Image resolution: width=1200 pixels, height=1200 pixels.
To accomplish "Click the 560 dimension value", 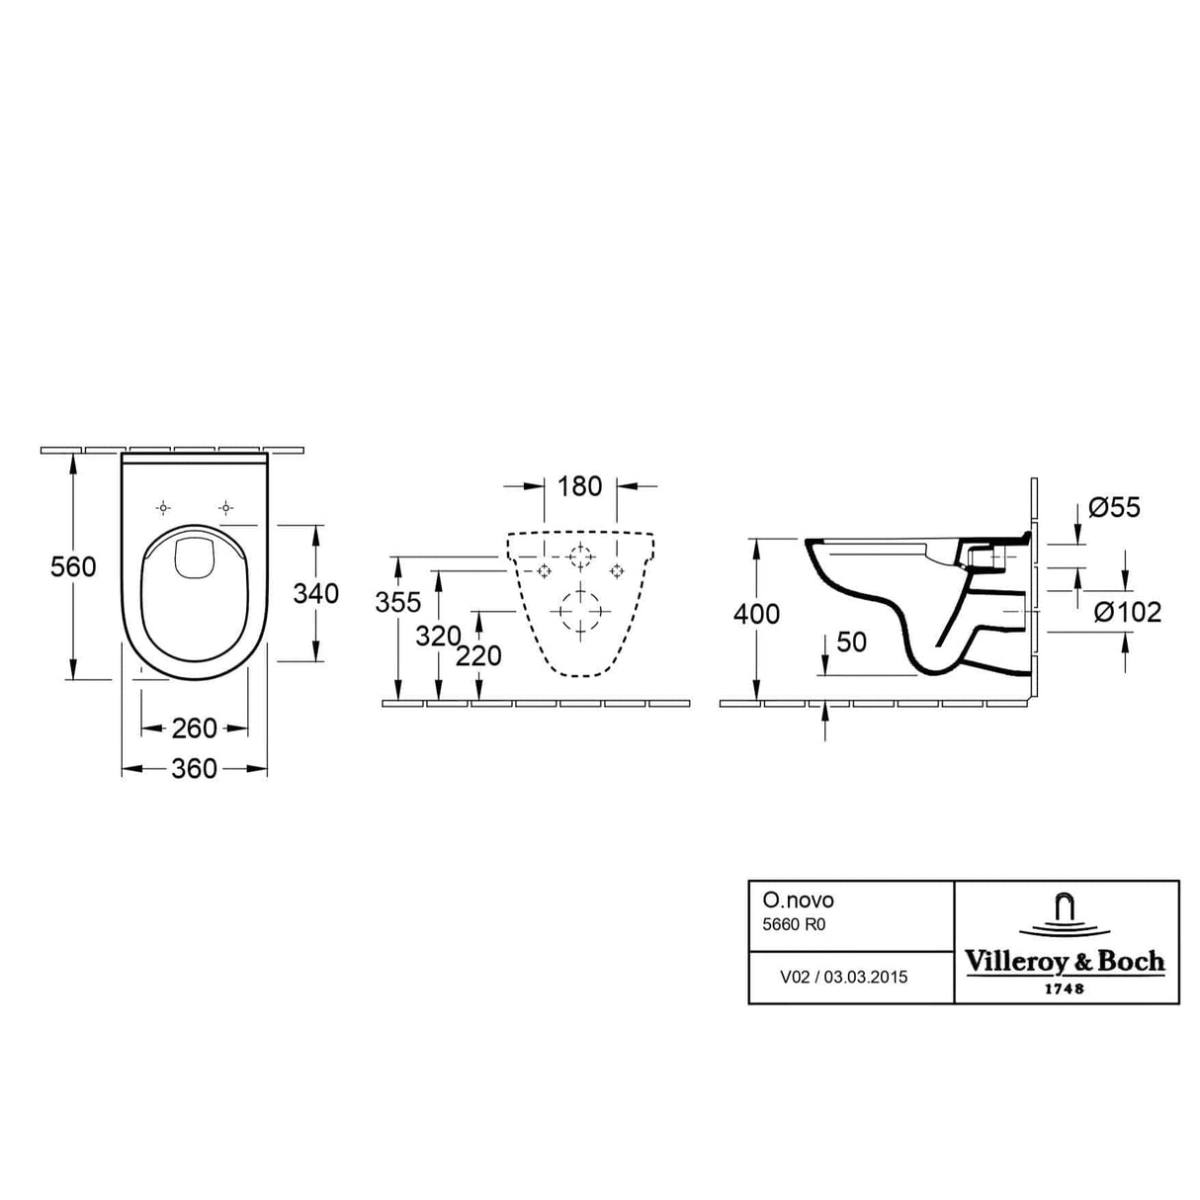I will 74,566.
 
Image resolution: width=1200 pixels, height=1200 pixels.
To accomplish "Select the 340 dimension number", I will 315,593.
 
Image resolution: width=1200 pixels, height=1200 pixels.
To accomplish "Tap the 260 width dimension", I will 194,729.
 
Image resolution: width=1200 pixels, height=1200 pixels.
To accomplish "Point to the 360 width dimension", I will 194,768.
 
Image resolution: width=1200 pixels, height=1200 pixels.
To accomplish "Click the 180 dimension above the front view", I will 579,486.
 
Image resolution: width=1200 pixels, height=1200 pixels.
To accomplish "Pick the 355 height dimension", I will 398,602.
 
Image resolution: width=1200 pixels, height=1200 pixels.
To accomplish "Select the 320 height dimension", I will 438,636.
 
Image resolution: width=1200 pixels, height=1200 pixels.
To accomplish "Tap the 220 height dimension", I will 479,655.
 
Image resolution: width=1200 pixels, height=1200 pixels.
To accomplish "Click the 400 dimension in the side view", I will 756,614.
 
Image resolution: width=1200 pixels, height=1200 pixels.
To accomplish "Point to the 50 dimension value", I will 851,642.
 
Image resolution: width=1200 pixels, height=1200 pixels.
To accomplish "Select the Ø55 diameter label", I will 1114,508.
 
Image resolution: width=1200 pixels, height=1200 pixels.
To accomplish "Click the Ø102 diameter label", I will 1128,613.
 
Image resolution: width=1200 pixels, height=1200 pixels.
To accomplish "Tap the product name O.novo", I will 784,900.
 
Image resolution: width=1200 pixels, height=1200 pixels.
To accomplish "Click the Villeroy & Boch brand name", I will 1065,962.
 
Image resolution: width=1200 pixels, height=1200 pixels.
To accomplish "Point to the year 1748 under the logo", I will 1065,987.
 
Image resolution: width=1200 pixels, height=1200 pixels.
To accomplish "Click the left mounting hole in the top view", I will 163,508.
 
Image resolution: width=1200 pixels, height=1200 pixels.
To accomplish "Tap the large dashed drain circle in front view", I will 579,612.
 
